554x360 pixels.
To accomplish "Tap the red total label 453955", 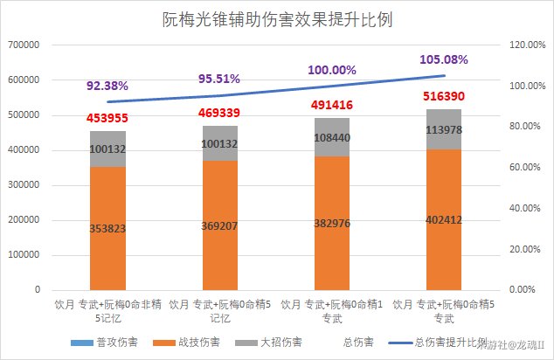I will pyautogui.click(x=107, y=119).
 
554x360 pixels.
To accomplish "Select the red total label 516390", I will pyautogui.click(x=444, y=96).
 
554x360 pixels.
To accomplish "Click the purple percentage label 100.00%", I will pyautogui.click(x=332, y=70).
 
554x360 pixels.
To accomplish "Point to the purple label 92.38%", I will pyautogui.click(x=107, y=86).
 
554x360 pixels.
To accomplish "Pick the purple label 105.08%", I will pyautogui.click(x=444, y=59).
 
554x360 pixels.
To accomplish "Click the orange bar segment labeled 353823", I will pyautogui.click(x=107, y=228).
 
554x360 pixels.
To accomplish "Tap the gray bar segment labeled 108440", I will pyautogui.click(x=332, y=137).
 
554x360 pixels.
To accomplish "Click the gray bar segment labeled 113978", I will pyautogui.click(x=444, y=129).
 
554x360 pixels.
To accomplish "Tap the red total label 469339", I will pyautogui.click(x=220, y=112).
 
